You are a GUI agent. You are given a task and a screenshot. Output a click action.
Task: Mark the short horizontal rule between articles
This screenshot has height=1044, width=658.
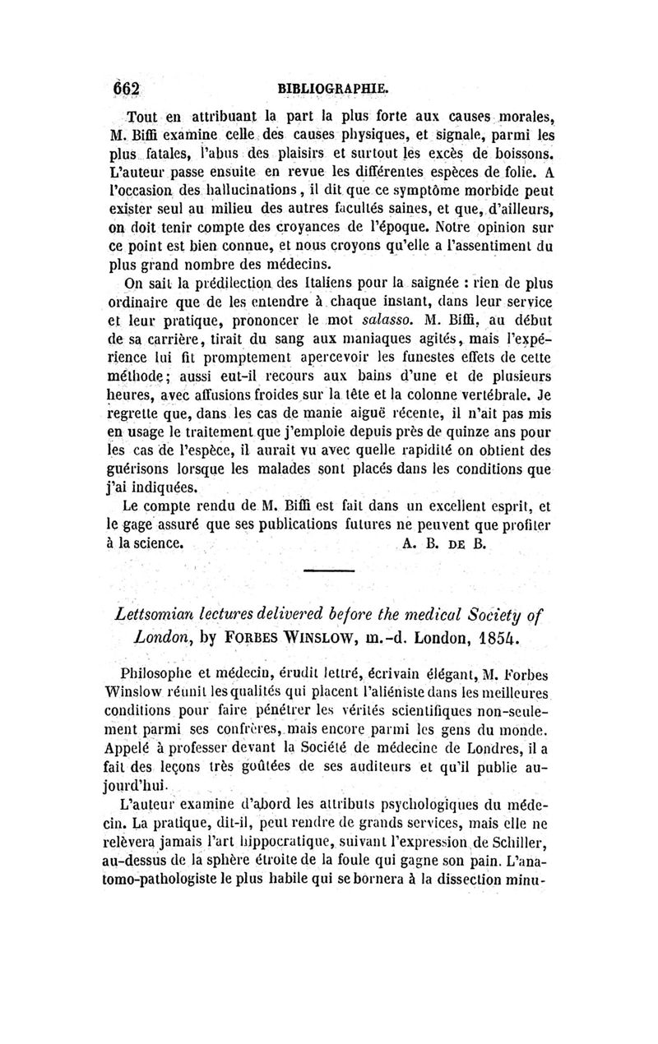click(x=328, y=571)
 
